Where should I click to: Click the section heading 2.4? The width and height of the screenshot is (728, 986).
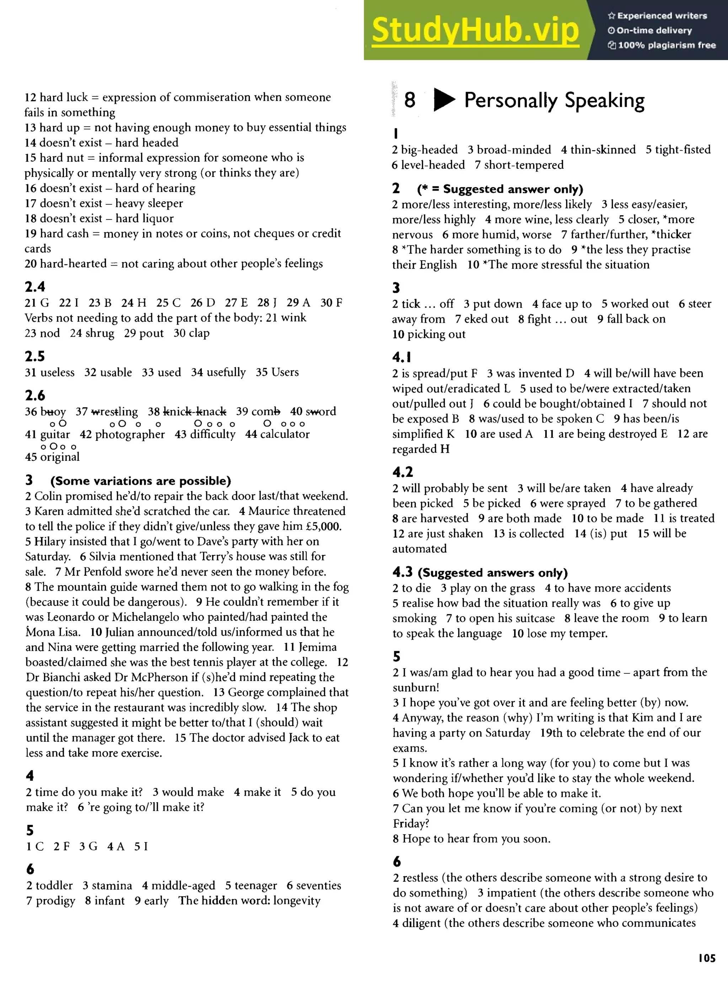pyautogui.click(x=35, y=287)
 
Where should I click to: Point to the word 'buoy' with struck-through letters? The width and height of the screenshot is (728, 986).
pyautogui.click(x=53, y=412)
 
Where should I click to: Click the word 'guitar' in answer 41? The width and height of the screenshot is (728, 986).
pyautogui.click(x=55, y=434)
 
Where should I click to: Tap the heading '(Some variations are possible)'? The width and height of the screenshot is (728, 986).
pyautogui.click(x=140, y=481)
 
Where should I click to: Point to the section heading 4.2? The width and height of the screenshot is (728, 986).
pyautogui.click(x=403, y=472)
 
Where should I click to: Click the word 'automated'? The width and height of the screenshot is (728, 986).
pyautogui.click(x=419, y=549)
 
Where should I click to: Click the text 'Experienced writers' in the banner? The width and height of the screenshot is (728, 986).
pyautogui.click(x=662, y=16)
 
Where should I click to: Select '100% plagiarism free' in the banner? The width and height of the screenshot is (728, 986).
pyautogui.click(x=666, y=45)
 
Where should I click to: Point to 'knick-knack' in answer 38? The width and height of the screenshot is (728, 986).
pyautogui.click(x=194, y=412)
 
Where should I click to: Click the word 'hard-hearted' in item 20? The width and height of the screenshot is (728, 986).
pyautogui.click(x=73, y=263)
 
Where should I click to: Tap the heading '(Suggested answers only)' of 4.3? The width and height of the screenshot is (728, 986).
pyautogui.click(x=493, y=573)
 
